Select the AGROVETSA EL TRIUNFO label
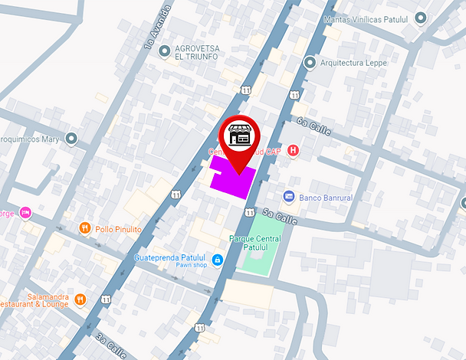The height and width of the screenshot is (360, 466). point(197,53)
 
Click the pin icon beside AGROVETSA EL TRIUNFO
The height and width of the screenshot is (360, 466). point(164,52)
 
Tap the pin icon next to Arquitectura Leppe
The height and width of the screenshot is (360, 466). point(310,63)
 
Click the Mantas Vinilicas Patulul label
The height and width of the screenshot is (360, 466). point(368,18)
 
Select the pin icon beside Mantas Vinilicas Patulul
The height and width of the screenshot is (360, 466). point(420,18)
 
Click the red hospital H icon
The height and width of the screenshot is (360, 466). point(292,150)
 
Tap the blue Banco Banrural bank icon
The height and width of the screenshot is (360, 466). point(288,197)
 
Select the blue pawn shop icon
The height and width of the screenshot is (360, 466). point(218,260)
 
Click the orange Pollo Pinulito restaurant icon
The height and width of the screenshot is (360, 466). point(85,227)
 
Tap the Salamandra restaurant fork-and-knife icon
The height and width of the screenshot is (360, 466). point(80,299)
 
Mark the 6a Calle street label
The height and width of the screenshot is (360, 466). point(313,126)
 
